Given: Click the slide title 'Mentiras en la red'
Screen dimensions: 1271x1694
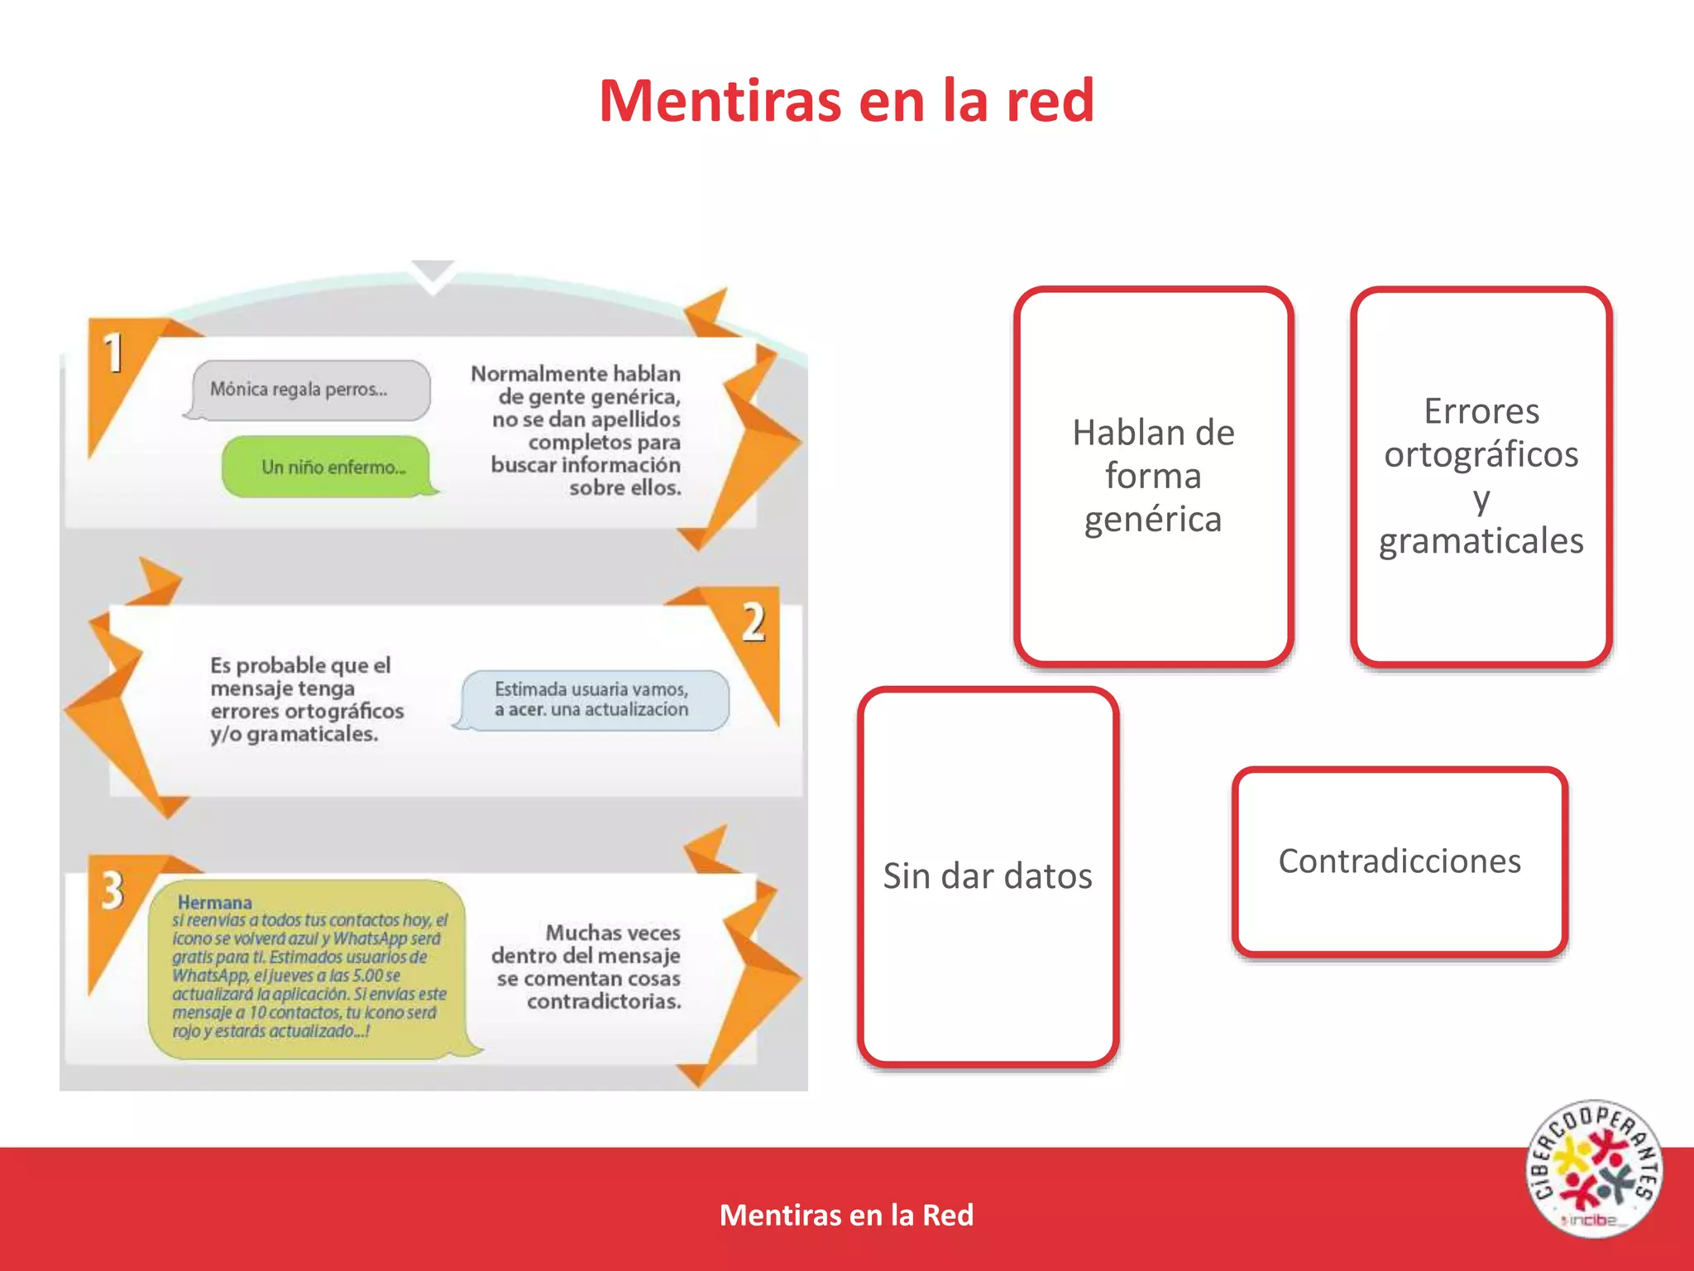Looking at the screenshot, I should click(846, 101).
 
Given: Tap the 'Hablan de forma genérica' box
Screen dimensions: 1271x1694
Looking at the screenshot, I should click(1153, 476).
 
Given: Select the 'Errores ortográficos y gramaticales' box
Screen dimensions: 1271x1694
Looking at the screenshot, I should click(1481, 476).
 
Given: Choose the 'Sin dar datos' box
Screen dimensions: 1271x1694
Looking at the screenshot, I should click(988, 875).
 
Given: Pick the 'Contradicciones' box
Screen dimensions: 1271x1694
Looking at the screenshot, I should click(1400, 861).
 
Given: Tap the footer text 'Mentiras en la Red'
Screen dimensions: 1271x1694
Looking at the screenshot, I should click(846, 1215).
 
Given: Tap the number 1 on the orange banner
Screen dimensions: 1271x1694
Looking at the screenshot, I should click(113, 353).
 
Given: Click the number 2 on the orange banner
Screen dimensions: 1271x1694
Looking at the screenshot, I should click(753, 622).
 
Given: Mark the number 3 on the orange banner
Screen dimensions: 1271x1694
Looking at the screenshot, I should click(112, 890).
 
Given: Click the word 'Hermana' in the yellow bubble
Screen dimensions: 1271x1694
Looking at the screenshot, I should click(214, 902).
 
